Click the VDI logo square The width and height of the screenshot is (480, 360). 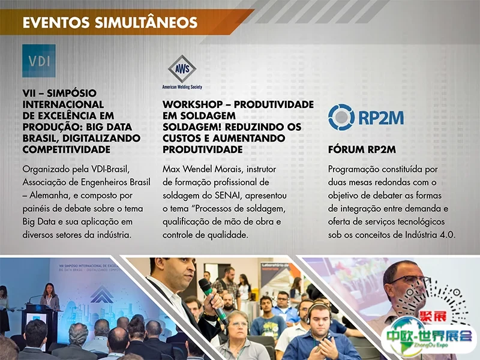click(x=39, y=61)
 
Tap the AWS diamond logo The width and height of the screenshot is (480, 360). click(x=182, y=69)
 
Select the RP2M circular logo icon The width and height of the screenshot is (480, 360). click(x=341, y=117)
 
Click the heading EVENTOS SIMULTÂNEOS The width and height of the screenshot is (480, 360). click(x=110, y=23)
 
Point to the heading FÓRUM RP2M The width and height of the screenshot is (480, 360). click(x=362, y=149)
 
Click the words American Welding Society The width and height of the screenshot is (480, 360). click(x=182, y=87)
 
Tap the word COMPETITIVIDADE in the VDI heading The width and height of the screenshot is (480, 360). click(x=67, y=149)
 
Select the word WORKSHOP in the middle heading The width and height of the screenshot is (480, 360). click(x=193, y=104)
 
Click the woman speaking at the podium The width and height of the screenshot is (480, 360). click(x=50, y=296)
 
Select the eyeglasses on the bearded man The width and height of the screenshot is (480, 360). click(x=410, y=281)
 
